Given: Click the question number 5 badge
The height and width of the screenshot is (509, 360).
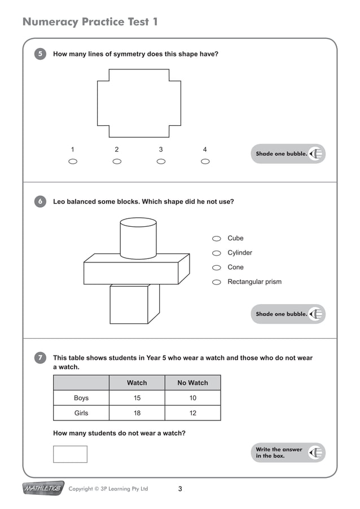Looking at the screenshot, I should pos(40,54).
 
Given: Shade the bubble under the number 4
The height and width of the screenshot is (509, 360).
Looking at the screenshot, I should pos(205,161).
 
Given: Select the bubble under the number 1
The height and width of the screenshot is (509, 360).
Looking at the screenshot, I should pos(72,161).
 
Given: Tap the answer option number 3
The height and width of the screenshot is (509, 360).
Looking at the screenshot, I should pos(161,150).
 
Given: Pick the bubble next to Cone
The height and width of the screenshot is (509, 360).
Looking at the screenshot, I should pos(216,268).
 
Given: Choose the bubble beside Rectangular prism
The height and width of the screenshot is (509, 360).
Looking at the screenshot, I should pos(216,282).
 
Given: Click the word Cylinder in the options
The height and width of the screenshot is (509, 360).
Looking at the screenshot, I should pos(240,253).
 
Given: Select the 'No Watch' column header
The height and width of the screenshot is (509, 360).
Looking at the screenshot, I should pos(192,383).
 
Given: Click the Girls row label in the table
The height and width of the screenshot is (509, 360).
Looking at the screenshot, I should pos(81,413).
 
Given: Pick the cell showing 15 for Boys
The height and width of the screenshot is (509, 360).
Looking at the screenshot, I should pos(137,398).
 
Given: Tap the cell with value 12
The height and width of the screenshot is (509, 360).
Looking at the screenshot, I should pos(192,413).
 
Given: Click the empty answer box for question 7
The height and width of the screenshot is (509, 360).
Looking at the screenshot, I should pos(70,454).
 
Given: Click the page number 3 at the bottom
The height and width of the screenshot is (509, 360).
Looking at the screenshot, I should pos(180,489).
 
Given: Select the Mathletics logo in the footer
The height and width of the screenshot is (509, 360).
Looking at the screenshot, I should pos(43,489).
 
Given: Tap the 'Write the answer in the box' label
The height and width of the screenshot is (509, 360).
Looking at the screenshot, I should pos(279,453).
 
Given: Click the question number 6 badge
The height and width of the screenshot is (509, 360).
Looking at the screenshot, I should pos(40,201).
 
